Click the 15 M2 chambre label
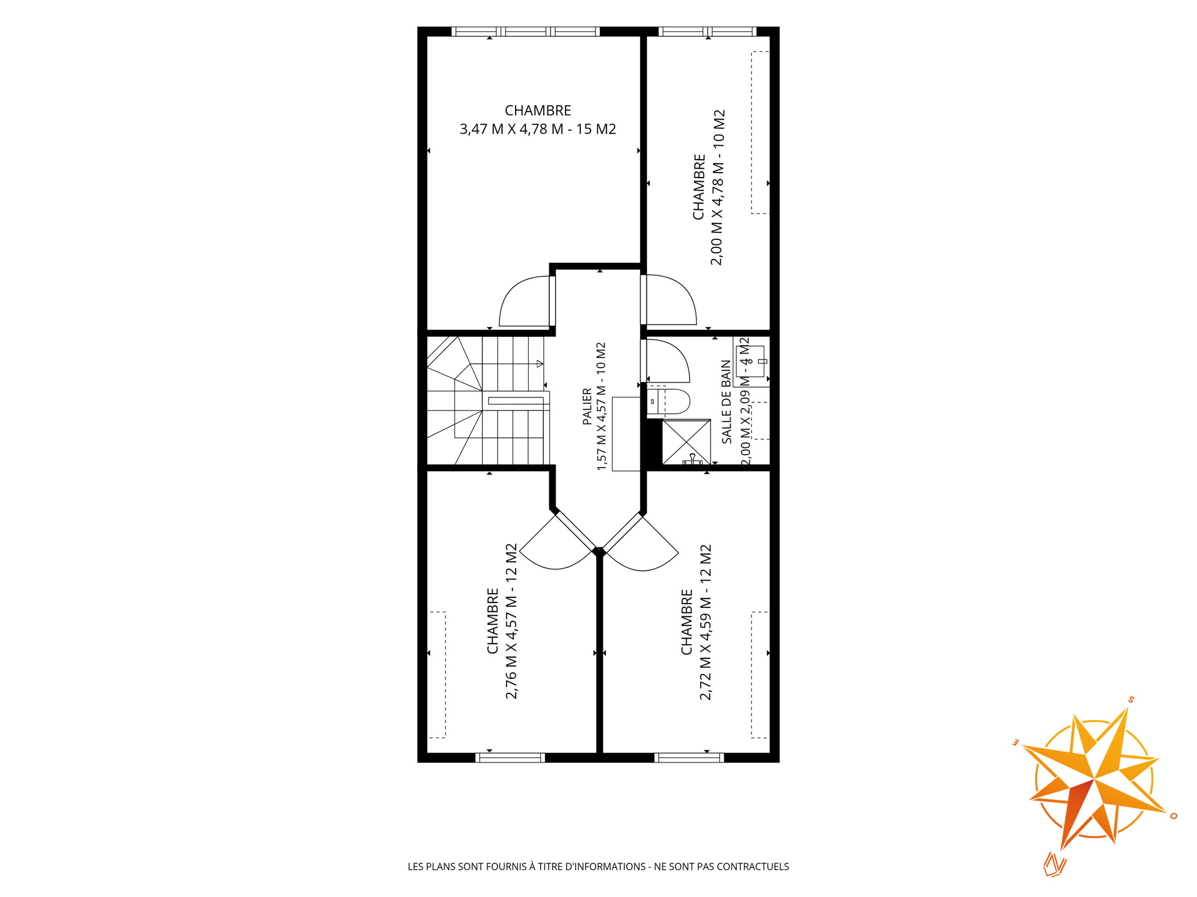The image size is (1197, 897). [x=538, y=120]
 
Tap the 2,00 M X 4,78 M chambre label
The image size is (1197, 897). [x=709, y=187]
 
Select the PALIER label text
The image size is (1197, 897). [x=587, y=407]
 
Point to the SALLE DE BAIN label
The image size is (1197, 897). [x=726, y=402]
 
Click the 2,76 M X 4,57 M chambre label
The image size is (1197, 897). [x=502, y=622]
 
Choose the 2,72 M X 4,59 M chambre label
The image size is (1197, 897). [x=696, y=622]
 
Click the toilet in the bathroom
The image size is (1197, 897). [x=668, y=402]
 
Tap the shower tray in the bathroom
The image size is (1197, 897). [x=686, y=442]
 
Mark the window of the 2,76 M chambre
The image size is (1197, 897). [x=510, y=757]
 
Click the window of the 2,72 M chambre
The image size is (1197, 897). [x=689, y=757]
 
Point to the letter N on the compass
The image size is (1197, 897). [x=1055, y=864]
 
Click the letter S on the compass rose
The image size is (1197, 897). [x=1130, y=700]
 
